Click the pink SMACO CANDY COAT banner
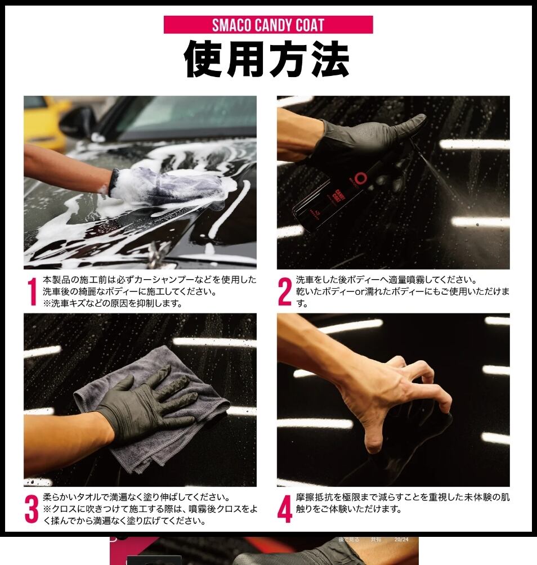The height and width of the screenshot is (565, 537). [268, 25]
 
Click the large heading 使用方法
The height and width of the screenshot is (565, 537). [267, 59]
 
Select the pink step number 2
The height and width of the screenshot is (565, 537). [285, 292]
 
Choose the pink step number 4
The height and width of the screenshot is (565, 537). [285, 509]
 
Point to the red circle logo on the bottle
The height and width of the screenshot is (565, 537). [359, 177]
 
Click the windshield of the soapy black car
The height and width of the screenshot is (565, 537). [187, 115]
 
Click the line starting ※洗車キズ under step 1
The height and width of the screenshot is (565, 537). [113, 303]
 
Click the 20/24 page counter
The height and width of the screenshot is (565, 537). [401, 540]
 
